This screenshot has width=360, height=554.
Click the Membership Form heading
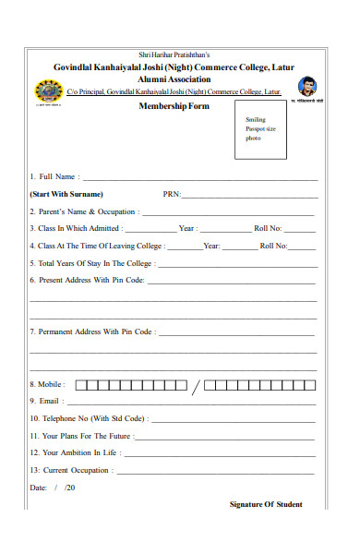174,106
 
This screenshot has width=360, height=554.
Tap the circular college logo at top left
45,90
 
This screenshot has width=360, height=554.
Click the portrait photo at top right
307,87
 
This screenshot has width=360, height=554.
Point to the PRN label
172,194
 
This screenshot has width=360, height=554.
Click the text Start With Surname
66,194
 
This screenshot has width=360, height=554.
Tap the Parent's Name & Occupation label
83,211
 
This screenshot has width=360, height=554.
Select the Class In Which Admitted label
75,228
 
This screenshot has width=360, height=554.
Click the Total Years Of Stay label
91,263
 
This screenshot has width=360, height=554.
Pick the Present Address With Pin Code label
87,279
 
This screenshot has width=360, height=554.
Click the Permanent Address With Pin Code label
91,331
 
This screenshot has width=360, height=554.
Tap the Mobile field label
46,384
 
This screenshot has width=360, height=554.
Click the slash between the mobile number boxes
195,385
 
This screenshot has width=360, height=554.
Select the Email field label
45,401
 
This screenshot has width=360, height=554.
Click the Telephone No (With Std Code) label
88,418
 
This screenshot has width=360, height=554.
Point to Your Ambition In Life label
74,452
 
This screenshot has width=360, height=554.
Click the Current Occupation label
71,470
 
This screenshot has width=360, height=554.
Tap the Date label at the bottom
38,487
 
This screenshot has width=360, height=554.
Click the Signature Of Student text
266,504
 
